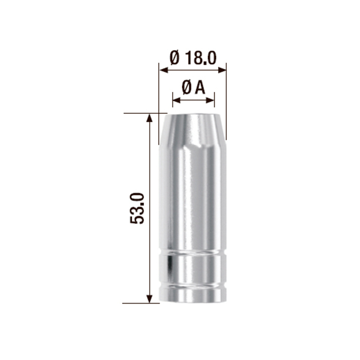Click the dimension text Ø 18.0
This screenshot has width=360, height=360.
click(x=193, y=58)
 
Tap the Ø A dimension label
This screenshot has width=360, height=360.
click(x=193, y=88)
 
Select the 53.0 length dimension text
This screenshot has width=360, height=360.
click(x=137, y=208)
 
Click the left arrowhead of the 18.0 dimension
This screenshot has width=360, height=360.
click(x=164, y=70)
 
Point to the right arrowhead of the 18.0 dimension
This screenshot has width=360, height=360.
click(x=222, y=70)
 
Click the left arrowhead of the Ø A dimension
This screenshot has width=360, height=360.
click(x=177, y=100)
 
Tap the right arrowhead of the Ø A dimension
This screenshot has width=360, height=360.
click(x=210, y=100)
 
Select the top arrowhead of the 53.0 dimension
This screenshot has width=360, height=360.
click(x=150, y=118)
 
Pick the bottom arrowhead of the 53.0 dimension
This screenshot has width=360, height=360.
click(x=150, y=298)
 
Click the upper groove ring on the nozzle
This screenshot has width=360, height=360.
click(x=193, y=253)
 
